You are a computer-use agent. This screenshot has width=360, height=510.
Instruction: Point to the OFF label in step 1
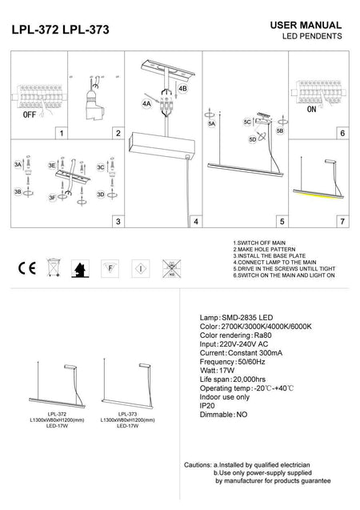coord(29,114)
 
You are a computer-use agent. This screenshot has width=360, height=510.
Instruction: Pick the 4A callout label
coord(146,104)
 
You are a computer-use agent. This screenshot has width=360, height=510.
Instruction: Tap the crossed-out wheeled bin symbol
coord(54,267)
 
